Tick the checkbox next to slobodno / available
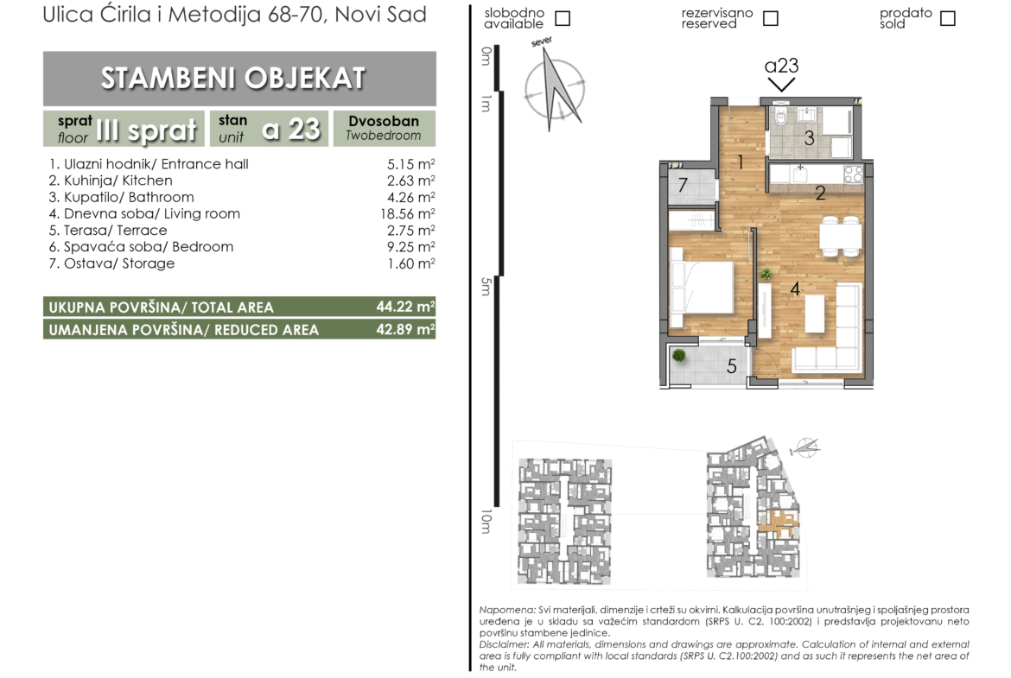click(563, 18)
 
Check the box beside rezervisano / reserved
click(770, 18)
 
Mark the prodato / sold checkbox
click(947, 18)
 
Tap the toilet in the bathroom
click(780, 117)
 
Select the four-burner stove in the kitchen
click(853, 174)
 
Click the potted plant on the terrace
click(678, 356)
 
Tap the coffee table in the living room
click(814, 314)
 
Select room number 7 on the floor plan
click(682, 186)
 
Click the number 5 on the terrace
click(731, 367)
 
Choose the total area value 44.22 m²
click(405, 306)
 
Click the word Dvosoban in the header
click(384, 121)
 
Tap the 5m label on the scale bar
click(486, 286)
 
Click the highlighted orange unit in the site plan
click(779, 522)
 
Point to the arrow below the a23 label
click(781, 85)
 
